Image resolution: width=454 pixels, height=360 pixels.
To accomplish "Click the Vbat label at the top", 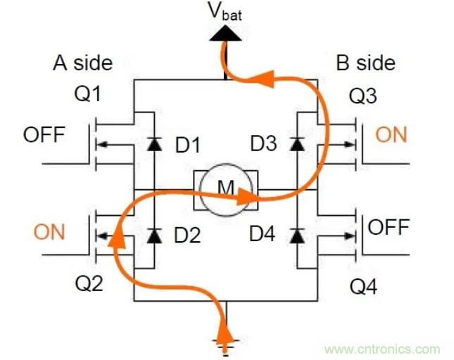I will (226, 12).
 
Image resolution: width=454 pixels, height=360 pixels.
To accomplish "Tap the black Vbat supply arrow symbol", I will (226, 32).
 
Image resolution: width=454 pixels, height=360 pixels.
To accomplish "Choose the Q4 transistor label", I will (364, 284).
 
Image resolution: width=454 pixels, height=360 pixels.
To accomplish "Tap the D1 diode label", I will (188, 146).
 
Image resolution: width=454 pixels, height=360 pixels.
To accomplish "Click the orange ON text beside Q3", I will (391, 134).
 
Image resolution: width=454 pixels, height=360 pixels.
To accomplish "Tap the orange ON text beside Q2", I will (49, 232).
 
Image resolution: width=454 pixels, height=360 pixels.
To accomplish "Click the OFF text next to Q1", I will (44, 134).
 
